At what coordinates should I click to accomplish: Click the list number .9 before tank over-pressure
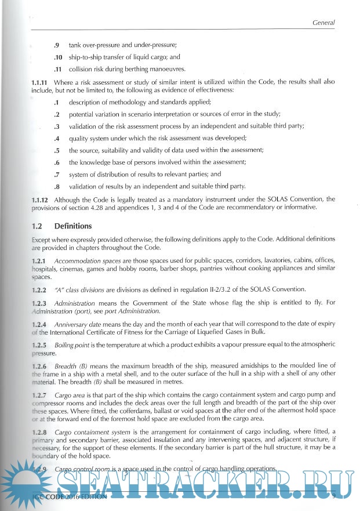coord(57,45)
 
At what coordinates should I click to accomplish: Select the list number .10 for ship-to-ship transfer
coord(57,57)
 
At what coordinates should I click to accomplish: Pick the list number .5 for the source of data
coord(57,150)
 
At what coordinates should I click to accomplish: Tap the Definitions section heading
coord(73,226)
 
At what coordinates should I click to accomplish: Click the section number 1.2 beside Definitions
coord(37,226)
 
